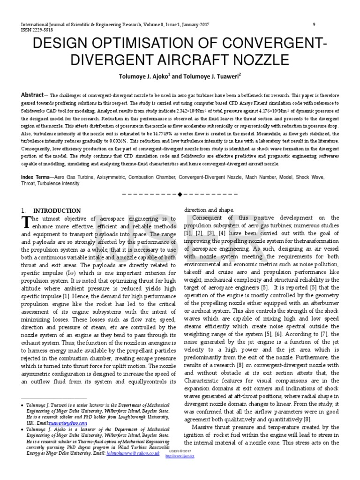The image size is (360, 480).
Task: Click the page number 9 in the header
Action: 314,24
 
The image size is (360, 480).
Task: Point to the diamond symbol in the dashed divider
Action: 180,194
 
